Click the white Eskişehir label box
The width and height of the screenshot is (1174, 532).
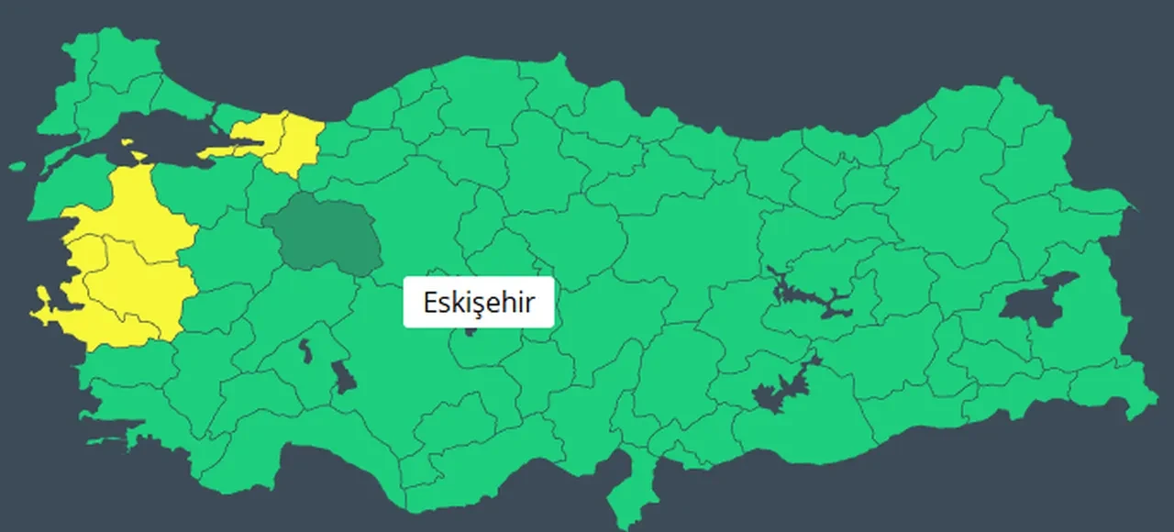pyautogui.click(x=479, y=302)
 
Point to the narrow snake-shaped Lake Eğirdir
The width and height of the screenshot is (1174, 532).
pyautogui.click(x=304, y=349)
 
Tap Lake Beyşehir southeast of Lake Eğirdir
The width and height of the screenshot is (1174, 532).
pyautogui.click(x=343, y=376)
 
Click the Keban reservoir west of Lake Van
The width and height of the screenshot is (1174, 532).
pyautogui.click(x=807, y=298)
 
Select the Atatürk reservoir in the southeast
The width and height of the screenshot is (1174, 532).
pyautogui.click(x=780, y=390)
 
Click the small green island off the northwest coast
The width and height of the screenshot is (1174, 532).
pyautogui.click(x=17, y=167)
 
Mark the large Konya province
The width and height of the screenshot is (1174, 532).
pyautogui.click(x=413, y=367)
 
